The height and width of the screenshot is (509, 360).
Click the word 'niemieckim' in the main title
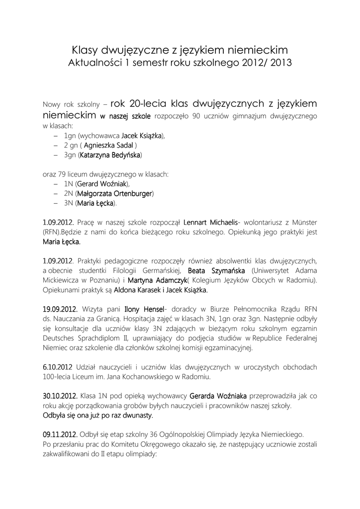[253, 50]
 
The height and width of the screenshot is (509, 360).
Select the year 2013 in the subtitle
[280, 64]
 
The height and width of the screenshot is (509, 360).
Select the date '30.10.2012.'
[60, 396]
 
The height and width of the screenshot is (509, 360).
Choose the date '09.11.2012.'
[60, 434]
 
